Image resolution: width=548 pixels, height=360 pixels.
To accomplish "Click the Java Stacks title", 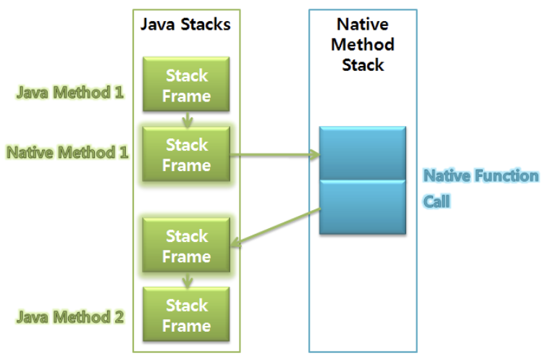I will coord(185,25).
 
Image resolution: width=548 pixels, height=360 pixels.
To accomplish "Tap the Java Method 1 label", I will coord(70,93).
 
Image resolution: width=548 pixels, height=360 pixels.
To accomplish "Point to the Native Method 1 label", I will coord(67,152).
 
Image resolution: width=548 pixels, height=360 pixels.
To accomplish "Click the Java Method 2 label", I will coord(70,317).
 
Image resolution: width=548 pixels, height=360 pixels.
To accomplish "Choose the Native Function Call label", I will coord(480,188).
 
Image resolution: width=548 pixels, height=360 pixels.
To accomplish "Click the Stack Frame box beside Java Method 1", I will coord(187,85).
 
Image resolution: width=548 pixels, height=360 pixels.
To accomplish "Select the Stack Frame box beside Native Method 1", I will coord(187,154).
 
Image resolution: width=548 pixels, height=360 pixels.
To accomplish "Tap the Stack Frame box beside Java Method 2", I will coord(187,315).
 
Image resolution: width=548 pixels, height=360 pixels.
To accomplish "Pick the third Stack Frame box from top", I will coord(187,246).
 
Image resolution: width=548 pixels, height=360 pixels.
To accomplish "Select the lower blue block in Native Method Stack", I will coord(363,207).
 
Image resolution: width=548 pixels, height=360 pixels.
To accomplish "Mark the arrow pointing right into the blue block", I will coord(275,154).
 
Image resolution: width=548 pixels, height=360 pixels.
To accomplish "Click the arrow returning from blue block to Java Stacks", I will coord(275,226).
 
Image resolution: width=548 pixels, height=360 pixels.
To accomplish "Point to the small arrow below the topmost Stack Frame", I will coord(187,119).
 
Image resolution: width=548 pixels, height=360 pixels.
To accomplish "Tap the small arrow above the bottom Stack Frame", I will coord(187,280).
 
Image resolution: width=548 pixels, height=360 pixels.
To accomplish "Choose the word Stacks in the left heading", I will coord(206,25).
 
